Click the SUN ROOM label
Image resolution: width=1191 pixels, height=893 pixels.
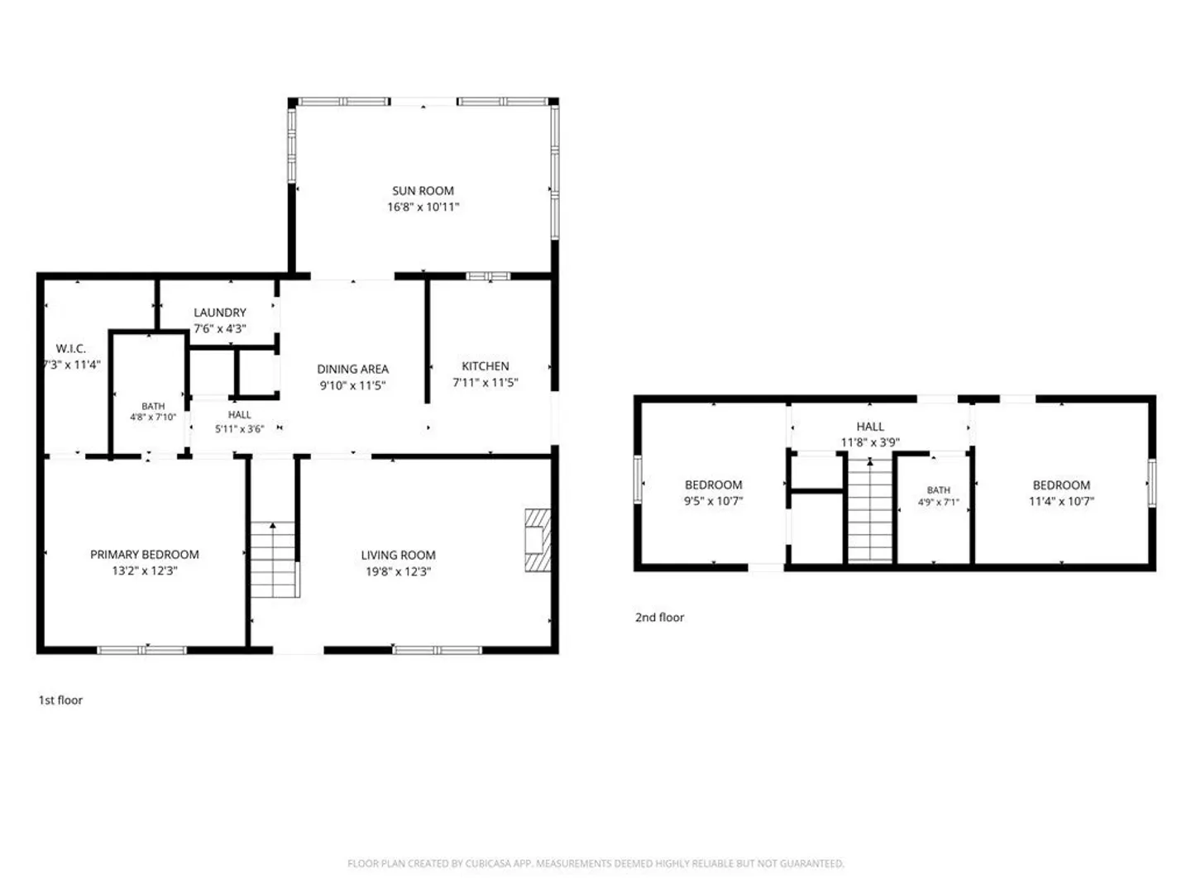click(x=423, y=191)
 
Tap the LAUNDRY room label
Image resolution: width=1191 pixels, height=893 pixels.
click(x=220, y=313)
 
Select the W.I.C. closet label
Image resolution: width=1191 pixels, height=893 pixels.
click(x=70, y=349)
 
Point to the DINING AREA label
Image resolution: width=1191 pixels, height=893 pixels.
click(x=352, y=370)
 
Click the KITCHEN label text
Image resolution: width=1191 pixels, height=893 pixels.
click(x=485, y=366)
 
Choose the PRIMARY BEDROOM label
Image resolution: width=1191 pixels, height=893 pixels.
click(x=145, y=554)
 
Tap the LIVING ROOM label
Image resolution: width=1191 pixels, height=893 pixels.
click(x=399, y=555)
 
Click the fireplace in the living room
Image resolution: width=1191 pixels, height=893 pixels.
click(x=538, y=539)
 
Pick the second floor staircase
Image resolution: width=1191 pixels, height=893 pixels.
click(x=870, y=509)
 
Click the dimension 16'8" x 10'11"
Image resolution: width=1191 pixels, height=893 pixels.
click(x=423, y=207)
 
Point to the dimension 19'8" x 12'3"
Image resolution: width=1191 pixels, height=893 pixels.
click(x=399, y=571)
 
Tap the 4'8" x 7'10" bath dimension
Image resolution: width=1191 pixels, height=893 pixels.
click(x=153, y=417)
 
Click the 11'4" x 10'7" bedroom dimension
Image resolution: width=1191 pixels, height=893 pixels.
click(x=1061, y=501)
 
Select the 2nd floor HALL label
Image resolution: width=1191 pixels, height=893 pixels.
click(x=870, y=426)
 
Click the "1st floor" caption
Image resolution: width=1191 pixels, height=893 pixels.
click(x=60, y=700)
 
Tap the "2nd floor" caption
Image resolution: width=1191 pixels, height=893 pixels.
click(x=659, y=617)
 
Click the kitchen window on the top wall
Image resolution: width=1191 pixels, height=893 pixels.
click(x=488, y=276)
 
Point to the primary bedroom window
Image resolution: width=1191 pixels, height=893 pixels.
click(x=142, y=650)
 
